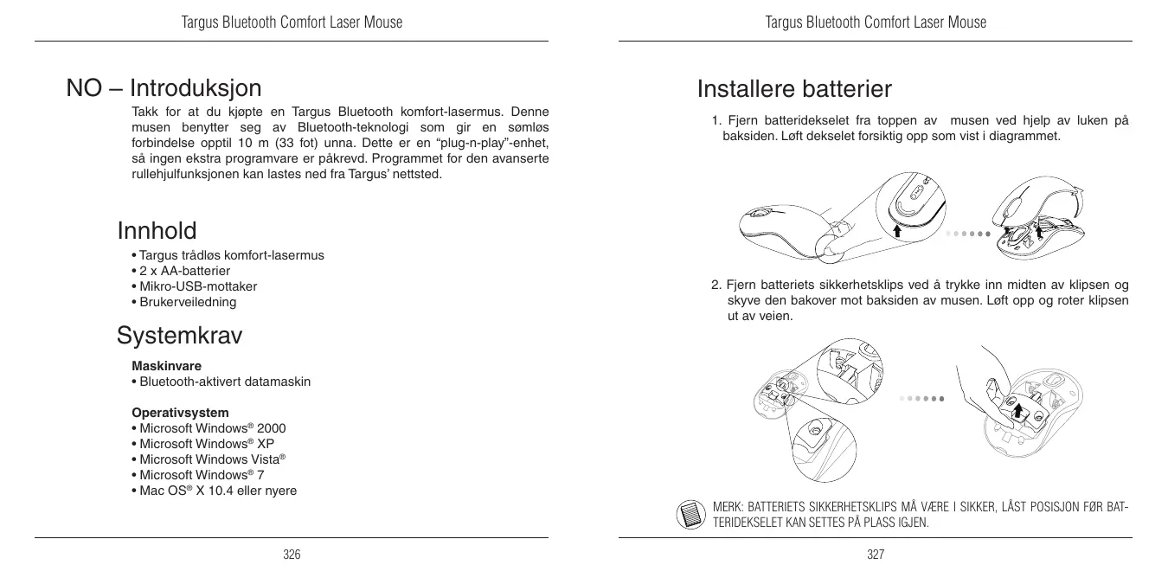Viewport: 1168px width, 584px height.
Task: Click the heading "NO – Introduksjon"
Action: (x=164, y=88)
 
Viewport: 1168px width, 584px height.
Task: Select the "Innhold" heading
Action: (x=157, y=231)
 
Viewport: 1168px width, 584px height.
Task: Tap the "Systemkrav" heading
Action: (x=180, y=335)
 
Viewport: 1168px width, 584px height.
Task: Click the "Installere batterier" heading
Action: (x=794, y=89)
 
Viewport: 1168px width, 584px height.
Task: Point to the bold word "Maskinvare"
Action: (x=166, y=366)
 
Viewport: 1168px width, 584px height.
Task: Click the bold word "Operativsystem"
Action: (x=180, y=413)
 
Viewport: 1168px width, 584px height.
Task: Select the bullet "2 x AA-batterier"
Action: (x=180, y=271)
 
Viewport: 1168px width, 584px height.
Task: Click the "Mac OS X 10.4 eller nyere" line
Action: (x=213, y=491)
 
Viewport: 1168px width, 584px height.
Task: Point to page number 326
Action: (x=292, y=555)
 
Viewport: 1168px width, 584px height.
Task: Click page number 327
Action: (x=876, y=555)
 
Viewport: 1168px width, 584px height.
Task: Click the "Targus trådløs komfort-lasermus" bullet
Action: (x=227, y=255)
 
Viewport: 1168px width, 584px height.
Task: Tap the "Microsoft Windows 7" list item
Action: (x=202, y=475)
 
